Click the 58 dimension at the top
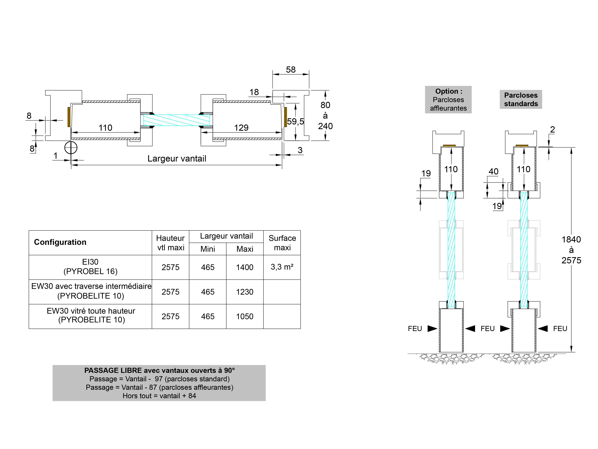(291, 70)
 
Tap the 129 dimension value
(241, 128)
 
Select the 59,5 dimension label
(295, 121)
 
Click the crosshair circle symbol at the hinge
(71, 148)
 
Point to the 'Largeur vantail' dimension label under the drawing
(177, 159)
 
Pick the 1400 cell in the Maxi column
(245, 267)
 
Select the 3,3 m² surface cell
(282, 267)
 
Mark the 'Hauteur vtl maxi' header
(170, 243)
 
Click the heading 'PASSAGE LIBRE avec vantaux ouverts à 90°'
(159, 370)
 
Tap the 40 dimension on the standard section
(493, 172)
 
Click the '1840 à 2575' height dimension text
(571, 250)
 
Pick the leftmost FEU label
(415, 328)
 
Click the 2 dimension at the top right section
(552, 130)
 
